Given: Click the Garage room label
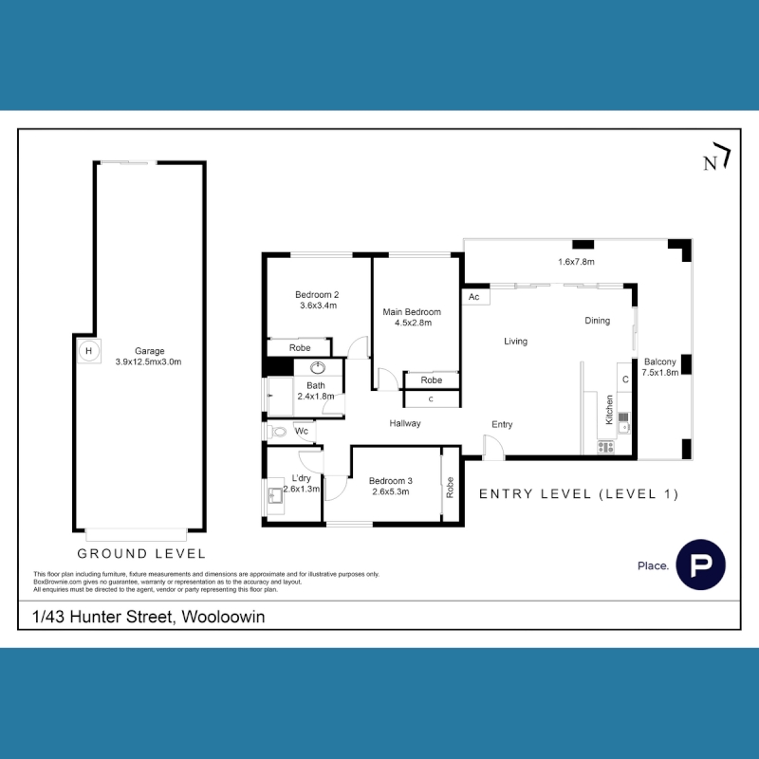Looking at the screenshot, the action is (x=150, y=351).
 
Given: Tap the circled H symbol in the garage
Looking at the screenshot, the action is (x=88, y=351).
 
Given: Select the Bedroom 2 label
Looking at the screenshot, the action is (x=317, y=294).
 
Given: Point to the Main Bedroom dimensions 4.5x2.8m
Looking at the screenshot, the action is (x=413, y=323).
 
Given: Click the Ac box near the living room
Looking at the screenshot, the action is (x=475, y=297).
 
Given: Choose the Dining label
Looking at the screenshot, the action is (x=598, y=321).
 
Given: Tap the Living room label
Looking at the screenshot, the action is (x=515, y=342).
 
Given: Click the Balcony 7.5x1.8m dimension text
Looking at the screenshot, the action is (x=659, y=372).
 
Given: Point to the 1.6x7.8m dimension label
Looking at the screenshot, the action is (x=576, y=262).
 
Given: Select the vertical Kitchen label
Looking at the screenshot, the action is (x=609, y=410).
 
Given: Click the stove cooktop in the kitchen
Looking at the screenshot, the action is (x=606, y=447).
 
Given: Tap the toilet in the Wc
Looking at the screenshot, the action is (x=278, y=432).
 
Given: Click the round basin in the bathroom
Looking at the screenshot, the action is (x=318, y=368).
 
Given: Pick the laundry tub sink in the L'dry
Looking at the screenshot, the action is (x=276, y=495).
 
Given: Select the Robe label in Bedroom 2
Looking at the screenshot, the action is (x=300, y=347).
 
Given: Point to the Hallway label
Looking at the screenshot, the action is (x=405, y=423).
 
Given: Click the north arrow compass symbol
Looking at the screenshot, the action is (x=716, y=157).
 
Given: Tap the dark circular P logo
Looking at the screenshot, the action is (x=700, y=565).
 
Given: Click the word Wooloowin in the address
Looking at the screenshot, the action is (x=223, y=617).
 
